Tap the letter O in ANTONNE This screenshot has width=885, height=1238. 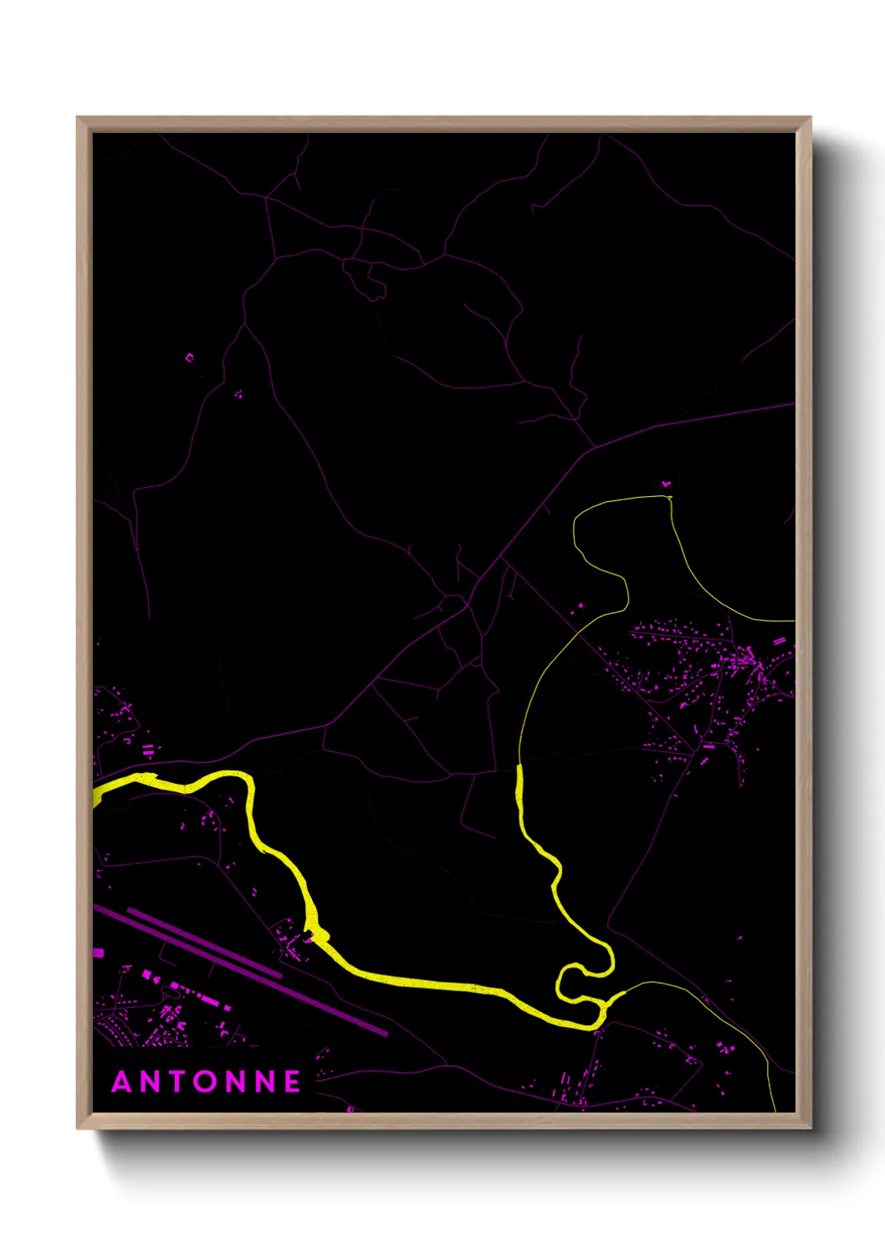207,1082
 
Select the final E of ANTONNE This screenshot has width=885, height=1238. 292,1082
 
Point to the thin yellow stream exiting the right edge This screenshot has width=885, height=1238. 790,621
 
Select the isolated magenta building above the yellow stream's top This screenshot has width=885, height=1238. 667,483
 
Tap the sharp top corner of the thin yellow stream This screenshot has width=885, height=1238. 669,498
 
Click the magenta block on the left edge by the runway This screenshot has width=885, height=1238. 98,953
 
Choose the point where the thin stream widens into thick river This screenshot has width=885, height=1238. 519,765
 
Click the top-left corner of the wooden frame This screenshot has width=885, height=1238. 78,118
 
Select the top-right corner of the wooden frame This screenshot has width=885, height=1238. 811,118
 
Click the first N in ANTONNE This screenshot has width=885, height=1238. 151,1082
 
